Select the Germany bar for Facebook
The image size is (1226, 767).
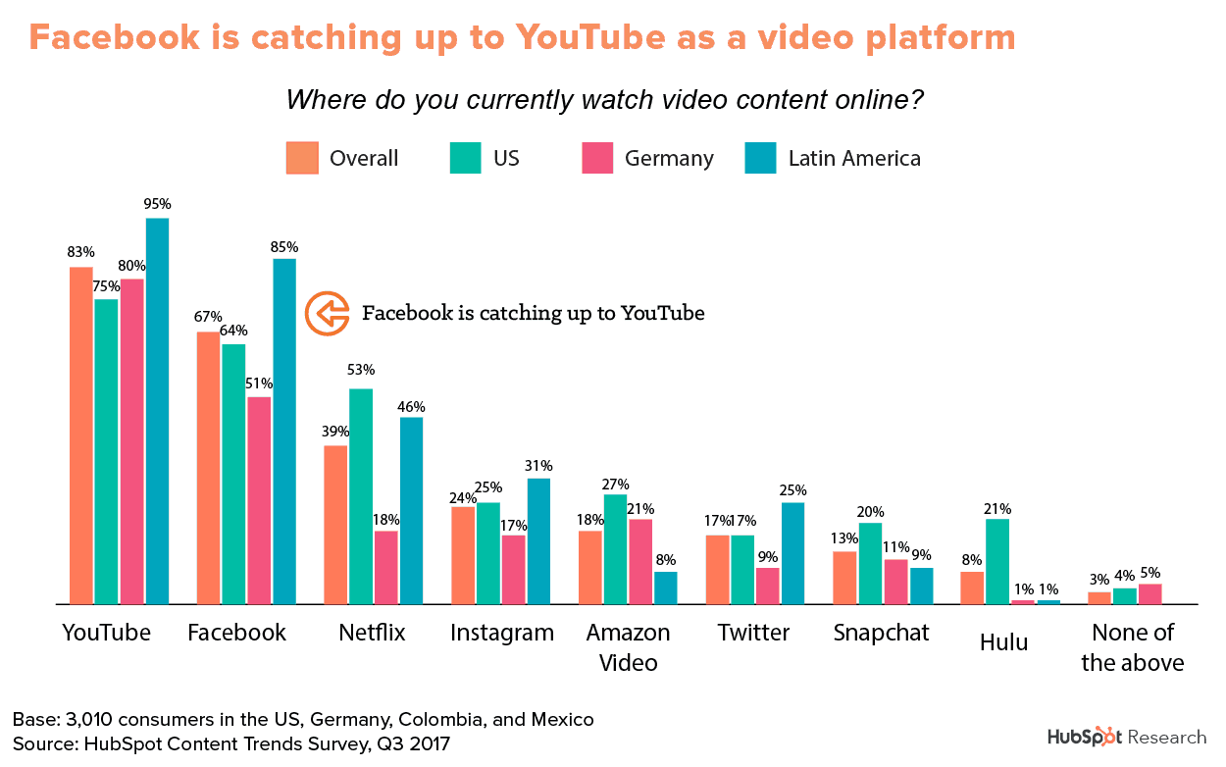[x=259, y=500]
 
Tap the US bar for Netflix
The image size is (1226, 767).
[x=361, y=496]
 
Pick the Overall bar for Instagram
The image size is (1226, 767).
[x=463, y=554]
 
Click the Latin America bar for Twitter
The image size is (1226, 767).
[x=793, y=553]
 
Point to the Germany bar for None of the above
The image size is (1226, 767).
[x=1123, y=593]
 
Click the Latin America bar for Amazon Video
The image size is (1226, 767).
[x=666, y=588]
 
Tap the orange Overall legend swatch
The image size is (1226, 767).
[x=302, y=158]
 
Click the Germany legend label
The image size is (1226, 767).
[x=669, y=159]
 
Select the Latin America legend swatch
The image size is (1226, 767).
[x=760, y=158]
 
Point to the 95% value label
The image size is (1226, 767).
[x=157, y=204]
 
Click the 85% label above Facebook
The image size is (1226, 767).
[x=284, y=246]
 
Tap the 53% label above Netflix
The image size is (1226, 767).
[x=361, y=370]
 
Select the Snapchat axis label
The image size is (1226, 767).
[x=881, y=633]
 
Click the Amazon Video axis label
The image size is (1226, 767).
[x=628, y=647]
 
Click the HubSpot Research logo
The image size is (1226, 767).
[x=1127, y=737]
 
